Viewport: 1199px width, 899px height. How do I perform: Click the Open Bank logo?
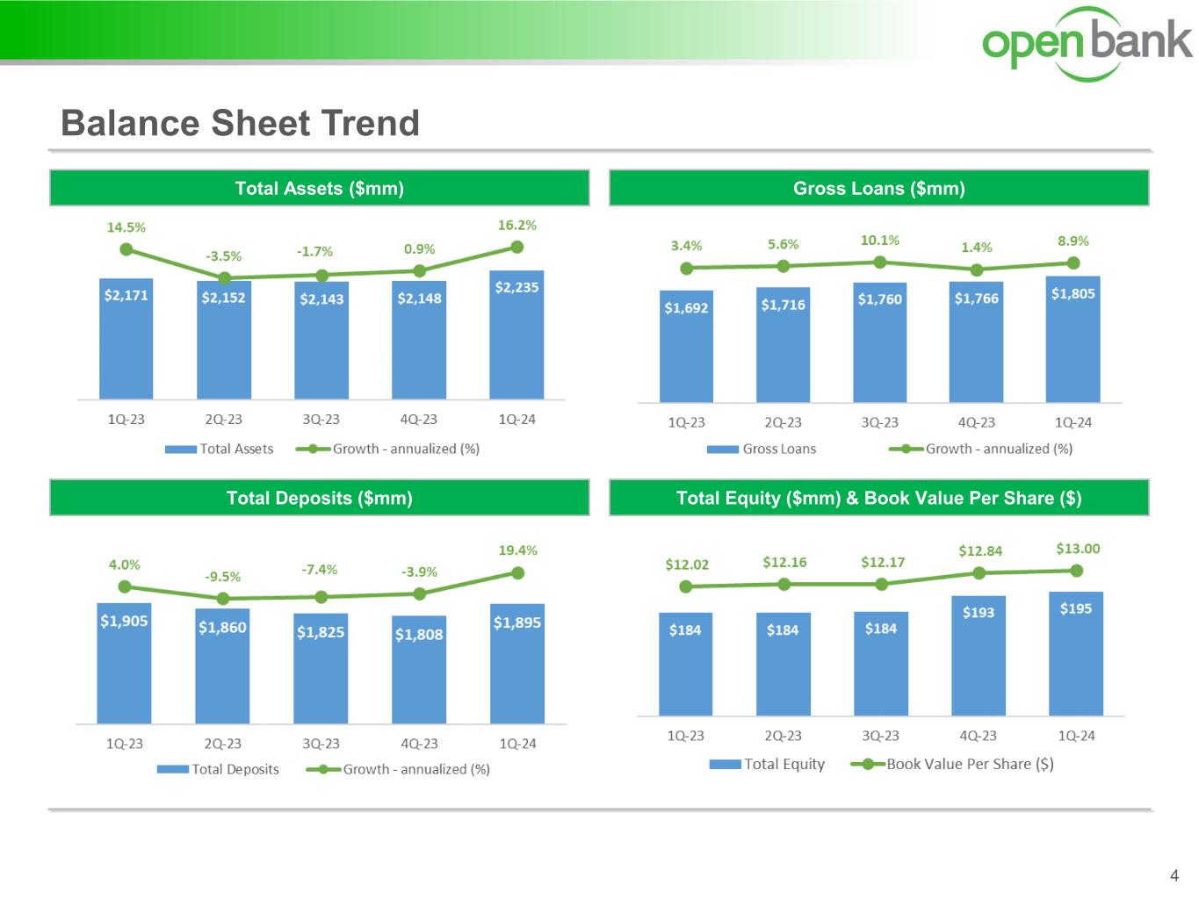[1087, 44]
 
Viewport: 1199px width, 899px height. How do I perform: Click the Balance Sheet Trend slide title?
[240, 123]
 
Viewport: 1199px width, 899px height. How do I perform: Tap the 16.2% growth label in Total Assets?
[516, 226]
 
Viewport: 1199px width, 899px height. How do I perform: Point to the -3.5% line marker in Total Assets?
[224, 277]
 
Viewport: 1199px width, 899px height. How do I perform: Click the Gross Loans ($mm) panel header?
[878, 188]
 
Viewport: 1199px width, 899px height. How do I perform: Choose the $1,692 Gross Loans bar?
[686, 347]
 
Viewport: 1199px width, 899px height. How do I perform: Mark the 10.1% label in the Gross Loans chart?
[879, 241]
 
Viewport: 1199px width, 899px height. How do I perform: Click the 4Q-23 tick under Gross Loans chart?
[976, 422]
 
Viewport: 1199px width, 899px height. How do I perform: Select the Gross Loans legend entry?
[762, 449]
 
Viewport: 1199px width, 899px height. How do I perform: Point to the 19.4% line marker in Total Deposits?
[517, 573]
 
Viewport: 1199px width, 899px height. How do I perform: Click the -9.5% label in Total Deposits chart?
[222, 577]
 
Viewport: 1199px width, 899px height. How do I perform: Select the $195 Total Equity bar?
[1075, 654]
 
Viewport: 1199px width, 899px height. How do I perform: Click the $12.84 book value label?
[979, 551]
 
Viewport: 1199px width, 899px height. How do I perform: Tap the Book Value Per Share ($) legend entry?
[953, 764]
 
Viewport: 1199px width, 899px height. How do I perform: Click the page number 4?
[1174, 875]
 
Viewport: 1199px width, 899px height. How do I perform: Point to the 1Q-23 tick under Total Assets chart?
[126, 420]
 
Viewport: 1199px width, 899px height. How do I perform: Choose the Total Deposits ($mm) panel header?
[319, 498]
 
